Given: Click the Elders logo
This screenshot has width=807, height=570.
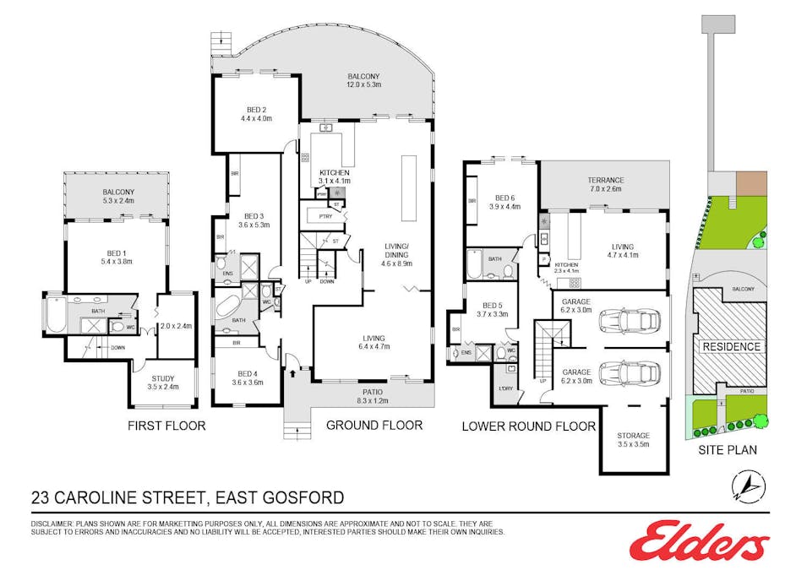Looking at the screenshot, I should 699,540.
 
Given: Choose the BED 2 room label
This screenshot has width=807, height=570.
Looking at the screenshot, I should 257,109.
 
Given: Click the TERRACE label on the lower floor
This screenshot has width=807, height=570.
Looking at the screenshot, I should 605,180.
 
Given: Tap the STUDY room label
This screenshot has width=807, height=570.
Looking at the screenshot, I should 163,379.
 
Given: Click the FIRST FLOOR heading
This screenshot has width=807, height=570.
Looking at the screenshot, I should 166,426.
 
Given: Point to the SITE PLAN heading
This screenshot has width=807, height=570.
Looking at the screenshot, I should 727,450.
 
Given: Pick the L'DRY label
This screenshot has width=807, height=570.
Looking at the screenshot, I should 505,388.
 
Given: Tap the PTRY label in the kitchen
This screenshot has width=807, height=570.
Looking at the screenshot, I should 325,216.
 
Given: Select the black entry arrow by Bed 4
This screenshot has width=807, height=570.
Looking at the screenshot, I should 293,369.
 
